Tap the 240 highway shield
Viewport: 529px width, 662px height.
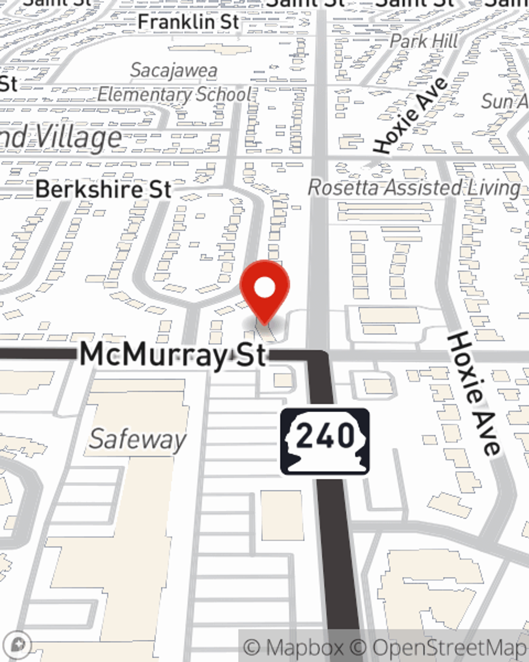coord(325,441)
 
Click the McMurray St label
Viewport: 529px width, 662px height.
coord(172,355)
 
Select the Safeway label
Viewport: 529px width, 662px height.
coord(138,440)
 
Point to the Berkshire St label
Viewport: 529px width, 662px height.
coord(104,190)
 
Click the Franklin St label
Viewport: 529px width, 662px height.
coord(188,22)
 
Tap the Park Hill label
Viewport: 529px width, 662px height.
coord(424,41)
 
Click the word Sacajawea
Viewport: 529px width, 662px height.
coord(174,70)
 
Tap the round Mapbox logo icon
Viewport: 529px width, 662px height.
coord(20,644)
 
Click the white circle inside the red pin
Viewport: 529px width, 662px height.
coord(264,288)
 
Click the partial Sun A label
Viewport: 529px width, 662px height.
coord(505,101)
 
